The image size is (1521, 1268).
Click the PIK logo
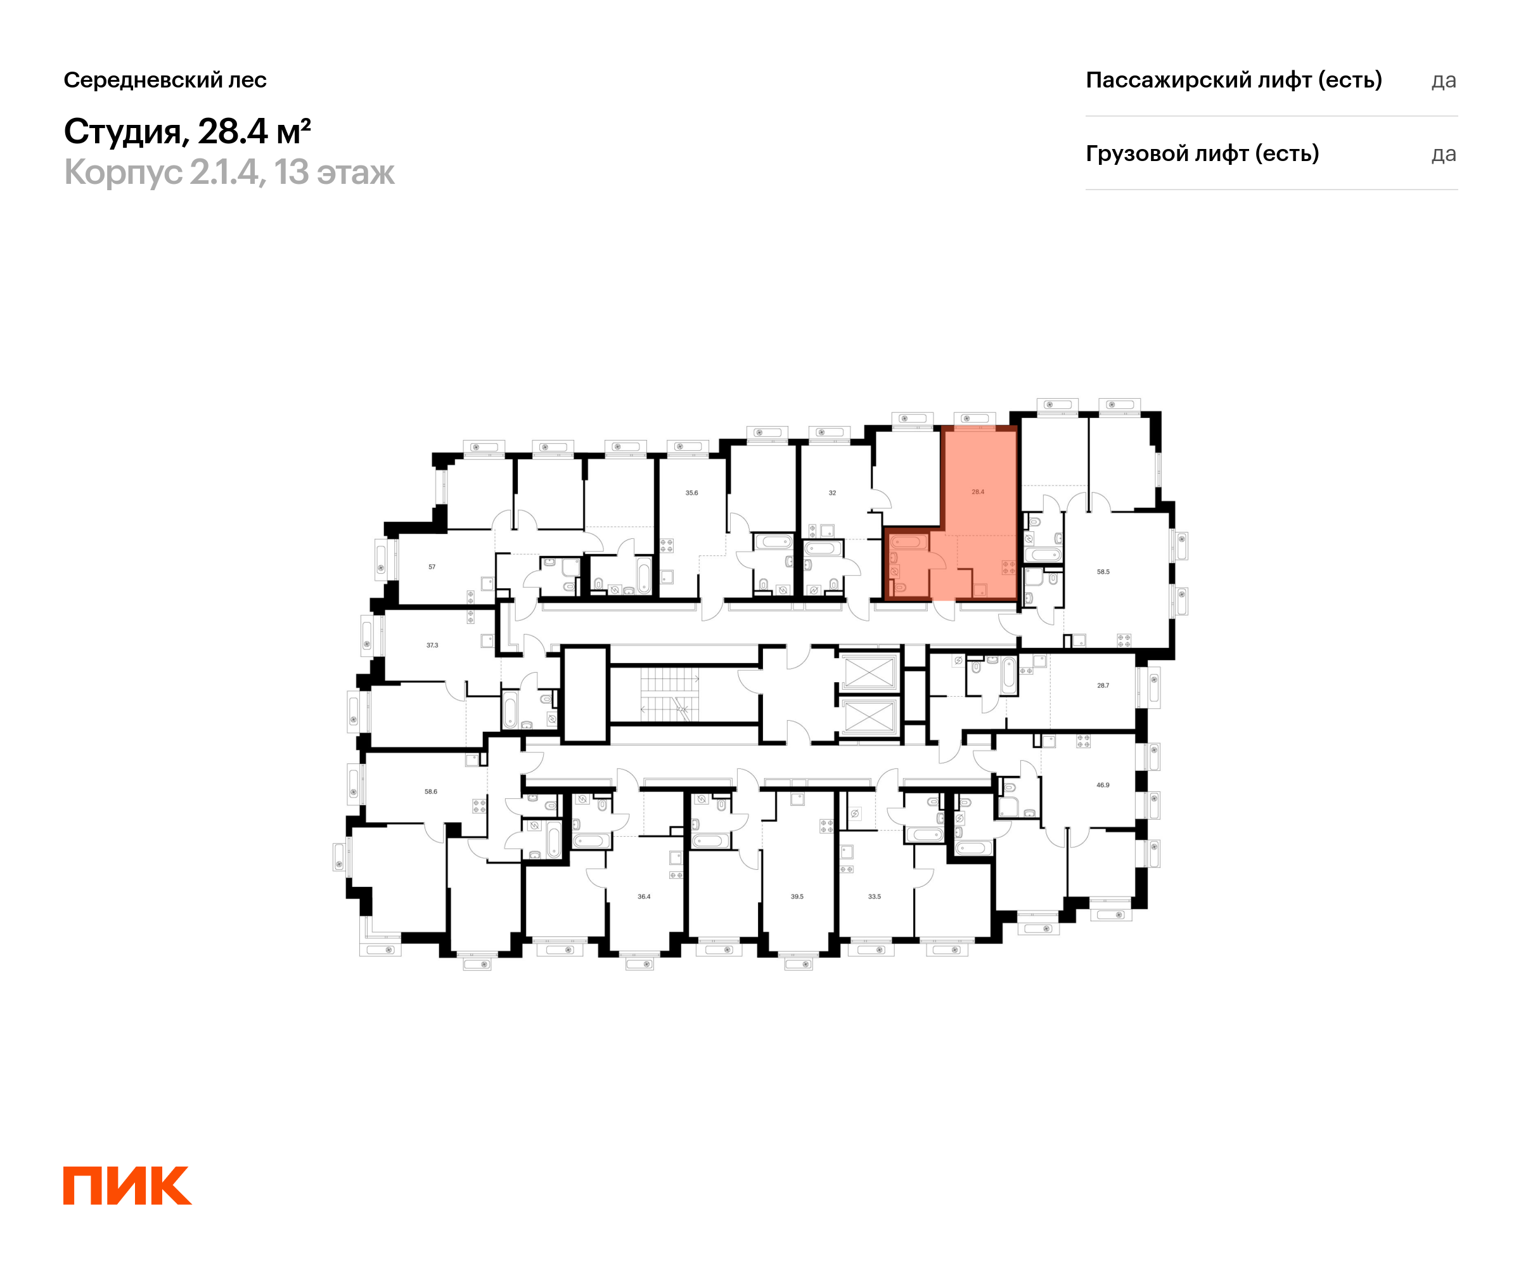127,1186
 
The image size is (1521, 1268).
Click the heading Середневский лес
165,80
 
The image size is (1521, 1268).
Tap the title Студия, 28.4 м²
187,132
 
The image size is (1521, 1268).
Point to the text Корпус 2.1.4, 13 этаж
229,172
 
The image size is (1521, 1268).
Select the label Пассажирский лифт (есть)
1233,80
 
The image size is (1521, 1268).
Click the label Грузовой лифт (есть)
1202,153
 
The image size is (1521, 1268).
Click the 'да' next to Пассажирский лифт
1444,81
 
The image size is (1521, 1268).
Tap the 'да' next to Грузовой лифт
1444,154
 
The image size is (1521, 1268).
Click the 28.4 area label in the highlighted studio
978,492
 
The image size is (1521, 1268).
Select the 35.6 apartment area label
691,493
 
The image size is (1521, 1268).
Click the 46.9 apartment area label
1102,785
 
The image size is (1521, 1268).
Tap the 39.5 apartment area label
797,896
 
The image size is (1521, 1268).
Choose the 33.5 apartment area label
874,896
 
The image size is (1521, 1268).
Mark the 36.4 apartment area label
644,896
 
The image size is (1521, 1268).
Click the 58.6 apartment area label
431,791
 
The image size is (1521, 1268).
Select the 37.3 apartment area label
432,645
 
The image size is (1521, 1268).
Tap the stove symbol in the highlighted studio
1008,567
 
